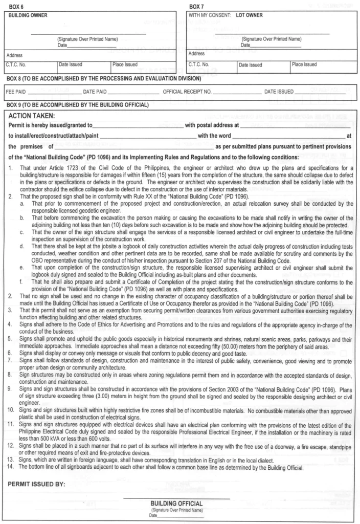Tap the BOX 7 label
click(x=197, y=7)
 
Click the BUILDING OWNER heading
click(x=26, y=15)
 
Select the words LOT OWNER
click(x=249, y=15)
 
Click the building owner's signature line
click(x=88, y=34)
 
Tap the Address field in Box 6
click(x=92, y=55)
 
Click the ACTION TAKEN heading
click(x=35, y=116)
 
